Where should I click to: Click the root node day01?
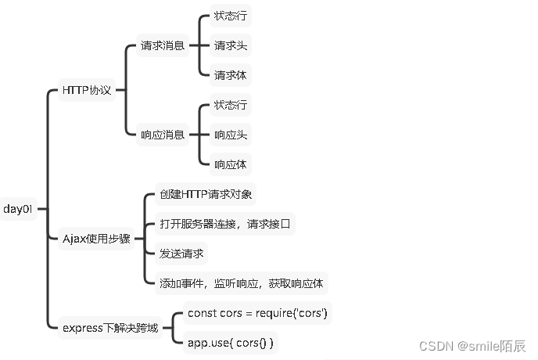tap(18, 209)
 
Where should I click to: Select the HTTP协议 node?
tap(86, 91)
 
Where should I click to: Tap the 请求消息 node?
tap(163, 45)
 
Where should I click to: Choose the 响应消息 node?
tap(163, 135)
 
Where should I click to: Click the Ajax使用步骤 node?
tap(97, 239)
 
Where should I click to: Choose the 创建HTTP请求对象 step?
tap(199, 194)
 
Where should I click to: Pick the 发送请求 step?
tap(176, 254)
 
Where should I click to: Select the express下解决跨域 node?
tap(110, 328)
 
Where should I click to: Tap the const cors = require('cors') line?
tap(257, 313)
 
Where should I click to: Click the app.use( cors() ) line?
tap(231, 343)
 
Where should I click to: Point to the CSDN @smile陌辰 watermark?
tap(472, 346)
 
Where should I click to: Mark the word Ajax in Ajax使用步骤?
tap(74, 239)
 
